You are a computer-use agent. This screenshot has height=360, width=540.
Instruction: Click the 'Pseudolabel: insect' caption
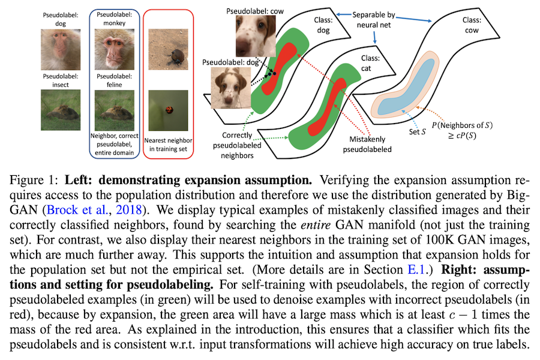tap(55, 80)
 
